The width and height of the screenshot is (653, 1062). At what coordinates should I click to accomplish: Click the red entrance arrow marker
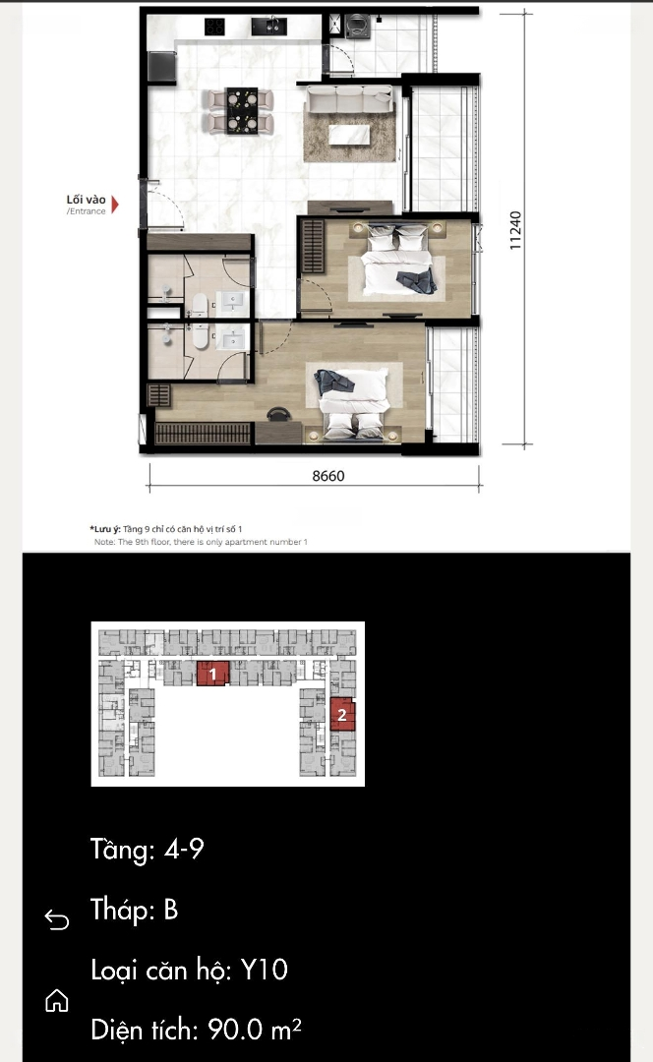115,205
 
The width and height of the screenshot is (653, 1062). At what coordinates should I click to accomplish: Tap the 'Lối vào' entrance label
86,199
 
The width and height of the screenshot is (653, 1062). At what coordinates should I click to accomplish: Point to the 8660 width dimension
328,476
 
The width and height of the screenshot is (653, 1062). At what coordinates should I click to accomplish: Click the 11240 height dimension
515,230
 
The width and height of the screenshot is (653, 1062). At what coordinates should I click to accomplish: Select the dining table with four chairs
242,110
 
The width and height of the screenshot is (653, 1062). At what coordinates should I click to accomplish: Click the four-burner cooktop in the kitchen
214,27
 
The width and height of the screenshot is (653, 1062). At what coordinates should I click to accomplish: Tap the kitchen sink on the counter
268,27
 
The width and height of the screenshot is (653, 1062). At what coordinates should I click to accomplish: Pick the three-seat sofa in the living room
349,99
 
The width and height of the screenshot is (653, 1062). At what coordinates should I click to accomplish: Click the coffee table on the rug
349,135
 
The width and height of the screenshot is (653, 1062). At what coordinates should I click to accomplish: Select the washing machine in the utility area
357,27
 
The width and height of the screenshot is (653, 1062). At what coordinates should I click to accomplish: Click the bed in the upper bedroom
397,261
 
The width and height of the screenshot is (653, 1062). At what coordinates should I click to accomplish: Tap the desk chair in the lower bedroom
277,414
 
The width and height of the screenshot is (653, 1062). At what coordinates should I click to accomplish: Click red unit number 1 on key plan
212,674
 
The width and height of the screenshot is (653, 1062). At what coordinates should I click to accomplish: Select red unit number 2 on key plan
342,714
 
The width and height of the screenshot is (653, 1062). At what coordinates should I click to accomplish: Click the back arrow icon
57,919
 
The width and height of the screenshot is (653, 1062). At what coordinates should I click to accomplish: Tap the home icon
57,1000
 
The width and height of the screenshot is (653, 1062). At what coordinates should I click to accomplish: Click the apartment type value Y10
265,970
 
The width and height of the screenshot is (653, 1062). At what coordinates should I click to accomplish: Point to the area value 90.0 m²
255,1030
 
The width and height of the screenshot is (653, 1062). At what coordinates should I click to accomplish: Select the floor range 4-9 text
184,849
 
